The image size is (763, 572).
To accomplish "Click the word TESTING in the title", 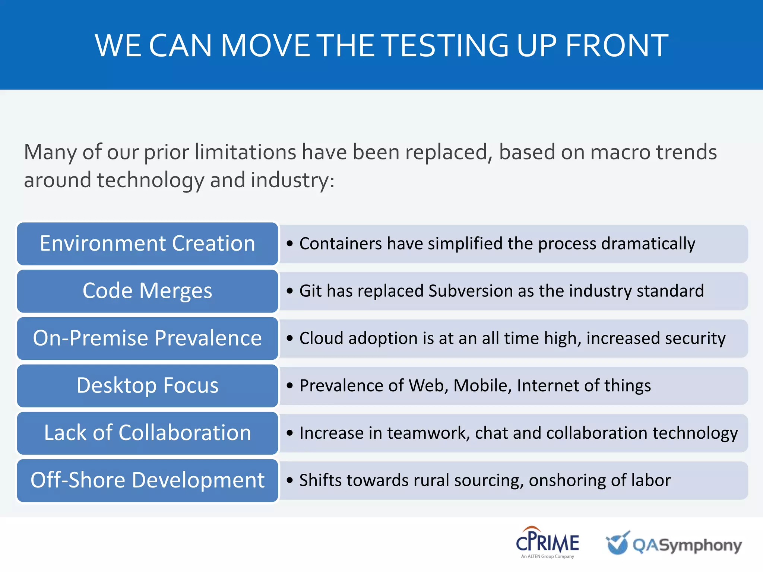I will pyautogui.click(x=446, y=45).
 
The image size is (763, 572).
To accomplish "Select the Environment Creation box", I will pyautogui.click(x=148, y=244).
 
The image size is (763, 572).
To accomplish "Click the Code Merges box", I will pyautogui.click(x=148, y=291).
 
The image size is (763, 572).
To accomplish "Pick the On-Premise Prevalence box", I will pyautogui.click(x=148, y=339).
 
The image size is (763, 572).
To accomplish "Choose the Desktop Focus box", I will pyautogui.click(x=148, y=386).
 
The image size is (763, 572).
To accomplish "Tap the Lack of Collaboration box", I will pyautogui.click(x=148, y=433).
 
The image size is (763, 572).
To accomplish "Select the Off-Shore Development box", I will pyautogui.click(x=148, y=480).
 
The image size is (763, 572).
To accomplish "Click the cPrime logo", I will pyautogui.click(x=547, y=541).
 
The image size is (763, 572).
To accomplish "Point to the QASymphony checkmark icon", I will pyautogui.click(x=618, y=543).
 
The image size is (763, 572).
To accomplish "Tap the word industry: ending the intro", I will pyautogui.click(x=292, y=180).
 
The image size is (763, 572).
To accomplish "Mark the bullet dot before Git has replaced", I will pyautogui.click(x=290, y=291).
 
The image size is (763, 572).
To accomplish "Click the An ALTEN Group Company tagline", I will pyautogui.click(x=547, y=556).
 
